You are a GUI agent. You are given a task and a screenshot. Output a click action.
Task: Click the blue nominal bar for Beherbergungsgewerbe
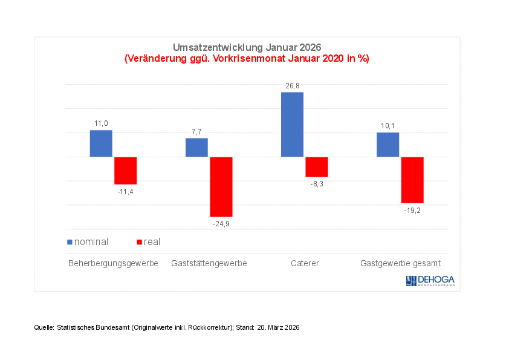coord(101,143)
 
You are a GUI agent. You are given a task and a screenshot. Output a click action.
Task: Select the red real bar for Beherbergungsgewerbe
coord(126,171)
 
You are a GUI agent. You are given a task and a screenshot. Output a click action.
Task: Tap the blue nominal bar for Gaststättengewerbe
coord(196,148)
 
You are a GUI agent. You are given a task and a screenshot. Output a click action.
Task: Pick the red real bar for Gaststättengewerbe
coord(221,187)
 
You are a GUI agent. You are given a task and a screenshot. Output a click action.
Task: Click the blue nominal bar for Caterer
coord(292,125)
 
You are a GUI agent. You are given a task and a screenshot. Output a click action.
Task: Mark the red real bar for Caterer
coord(317,167)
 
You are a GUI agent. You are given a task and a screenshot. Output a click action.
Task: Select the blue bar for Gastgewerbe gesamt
coord(387,145)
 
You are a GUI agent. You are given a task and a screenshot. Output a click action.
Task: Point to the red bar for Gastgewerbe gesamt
coord(412,180)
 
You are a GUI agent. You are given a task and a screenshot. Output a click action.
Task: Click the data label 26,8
coord(293,87)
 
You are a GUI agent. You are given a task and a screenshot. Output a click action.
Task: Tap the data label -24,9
coord(221,224)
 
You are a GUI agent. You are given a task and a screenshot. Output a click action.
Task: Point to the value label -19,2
coord(412,211)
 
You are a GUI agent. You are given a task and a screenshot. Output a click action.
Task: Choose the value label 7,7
coord(196,132)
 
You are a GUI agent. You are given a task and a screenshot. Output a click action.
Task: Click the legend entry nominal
coord(91,242)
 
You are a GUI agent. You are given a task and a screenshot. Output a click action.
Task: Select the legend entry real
coord(152,242)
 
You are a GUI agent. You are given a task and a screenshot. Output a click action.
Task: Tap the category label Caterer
coord(305,264)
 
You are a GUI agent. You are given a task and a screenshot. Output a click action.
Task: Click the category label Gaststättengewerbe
coord(209,264)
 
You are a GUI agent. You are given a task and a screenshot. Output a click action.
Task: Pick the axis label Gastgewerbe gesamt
coord(400,264)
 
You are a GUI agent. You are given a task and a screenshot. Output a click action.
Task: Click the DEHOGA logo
coord(430,281)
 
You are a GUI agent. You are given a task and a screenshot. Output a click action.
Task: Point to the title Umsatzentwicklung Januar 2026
coord(247,48)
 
